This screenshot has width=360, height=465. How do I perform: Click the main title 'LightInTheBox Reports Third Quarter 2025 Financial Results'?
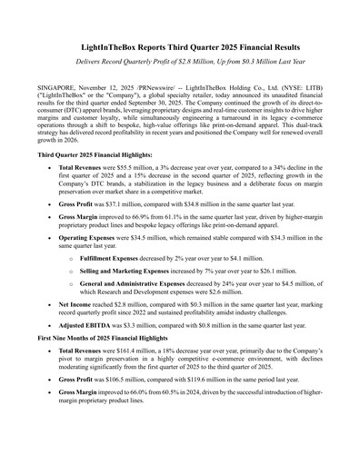coord(180,45)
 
